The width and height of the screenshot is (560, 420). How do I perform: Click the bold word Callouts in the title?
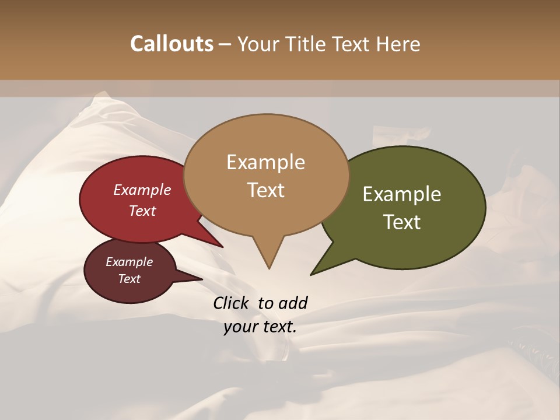pyautogui.click(x=171, y=44)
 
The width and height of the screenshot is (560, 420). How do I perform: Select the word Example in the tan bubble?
pyautogui.click(x=265, y=162)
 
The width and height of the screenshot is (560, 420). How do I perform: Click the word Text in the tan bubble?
pyautogui.click(x=265, y=190)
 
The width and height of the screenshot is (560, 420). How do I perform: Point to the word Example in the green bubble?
pyautogui.click(x=402, y=194)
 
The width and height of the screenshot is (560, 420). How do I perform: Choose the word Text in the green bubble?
pyautogui.click(x=402, y=222)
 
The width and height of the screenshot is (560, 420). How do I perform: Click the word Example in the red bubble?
pyautogui.click(x=142, y=190)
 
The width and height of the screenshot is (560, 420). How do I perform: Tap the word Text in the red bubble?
pyautogui.click(x=142, y=211)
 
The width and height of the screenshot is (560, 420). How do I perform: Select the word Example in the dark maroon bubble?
pyautogui.click(x=129, y=262)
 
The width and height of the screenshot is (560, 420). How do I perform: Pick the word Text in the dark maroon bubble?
pyautogui.click(x=129, y=279)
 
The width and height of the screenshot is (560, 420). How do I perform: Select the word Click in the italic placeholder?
pyautogui.click(x=232, y=303)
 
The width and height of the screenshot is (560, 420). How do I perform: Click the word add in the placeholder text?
pyautogui.click(x=293, y=303)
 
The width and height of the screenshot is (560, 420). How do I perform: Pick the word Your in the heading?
pyautogui.click(x=257, y=44)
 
